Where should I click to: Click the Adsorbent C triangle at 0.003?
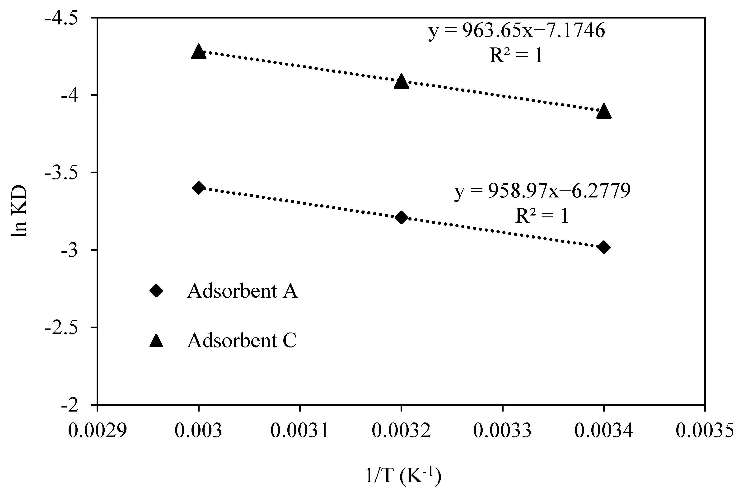tap(198, 52)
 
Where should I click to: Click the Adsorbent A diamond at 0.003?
tap(198, 188)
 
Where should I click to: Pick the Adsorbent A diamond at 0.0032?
tap(401, 217)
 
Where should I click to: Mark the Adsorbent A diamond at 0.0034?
tap(604, 247)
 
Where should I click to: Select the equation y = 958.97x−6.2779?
tap(542, 191)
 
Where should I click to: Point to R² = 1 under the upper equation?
tap(516, 56)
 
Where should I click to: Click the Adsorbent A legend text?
tap(242, 291)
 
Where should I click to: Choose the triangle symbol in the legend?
tap(156, 341)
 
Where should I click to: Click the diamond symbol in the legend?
tap(156, 291)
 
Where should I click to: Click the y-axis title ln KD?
tap(19, 211)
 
